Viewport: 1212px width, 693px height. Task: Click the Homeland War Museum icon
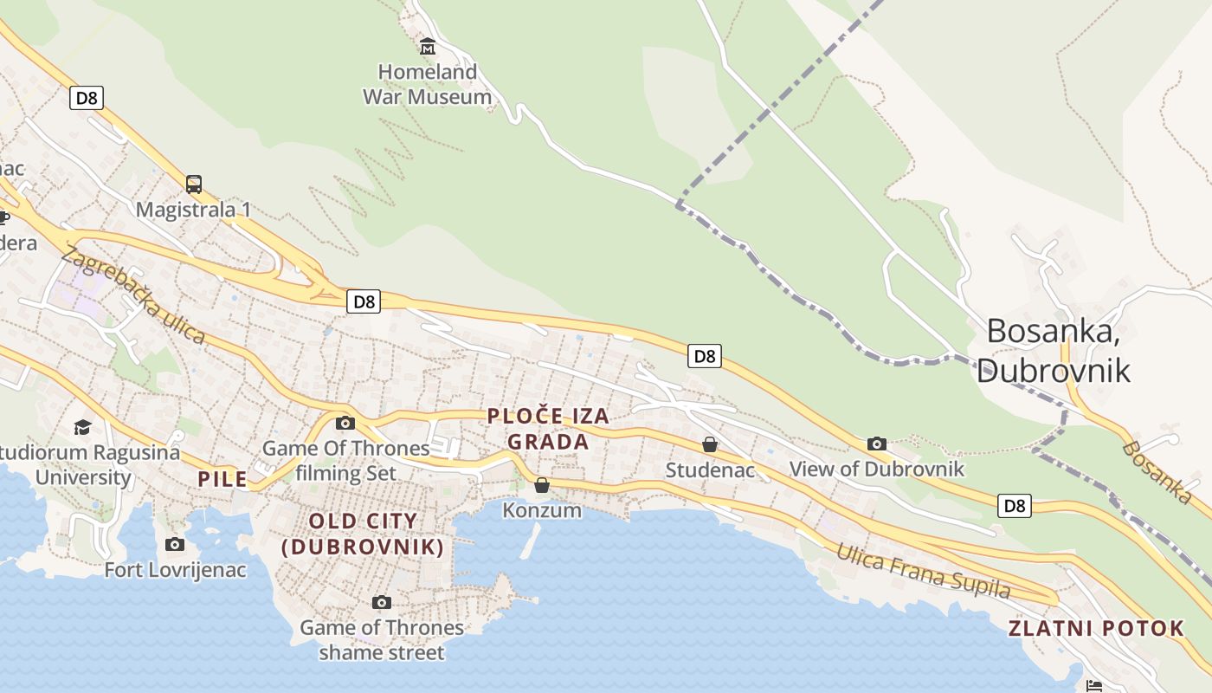[427, 46]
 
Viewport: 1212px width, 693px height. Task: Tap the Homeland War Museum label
[427, 84]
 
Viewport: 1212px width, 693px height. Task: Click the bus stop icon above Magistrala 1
[194, 184]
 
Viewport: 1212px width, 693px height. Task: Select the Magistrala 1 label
[193, 210]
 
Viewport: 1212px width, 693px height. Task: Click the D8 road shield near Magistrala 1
[87, 98]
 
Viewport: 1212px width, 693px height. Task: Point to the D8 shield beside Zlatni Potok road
[1015, 505]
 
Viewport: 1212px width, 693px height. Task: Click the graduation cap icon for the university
[82, 427]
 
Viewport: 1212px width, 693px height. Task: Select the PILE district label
[222, 479]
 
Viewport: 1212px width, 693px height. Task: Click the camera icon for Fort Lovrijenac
[175, 544]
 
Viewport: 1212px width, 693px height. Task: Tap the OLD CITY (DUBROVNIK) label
[364, 534]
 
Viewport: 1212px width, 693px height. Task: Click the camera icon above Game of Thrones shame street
[382, 602]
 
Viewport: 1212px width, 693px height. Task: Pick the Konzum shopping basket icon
[542, 485]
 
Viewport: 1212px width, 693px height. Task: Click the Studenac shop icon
[710, 444]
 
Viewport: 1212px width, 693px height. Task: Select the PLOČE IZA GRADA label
[548, 429]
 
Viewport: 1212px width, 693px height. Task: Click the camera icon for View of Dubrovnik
[877, 444]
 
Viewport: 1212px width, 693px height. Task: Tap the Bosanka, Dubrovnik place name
[1053, 351]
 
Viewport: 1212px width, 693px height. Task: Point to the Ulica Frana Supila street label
[923, 572]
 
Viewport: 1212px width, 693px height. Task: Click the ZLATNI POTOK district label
[1096, 629]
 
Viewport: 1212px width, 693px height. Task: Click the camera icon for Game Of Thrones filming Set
[345, 423]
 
